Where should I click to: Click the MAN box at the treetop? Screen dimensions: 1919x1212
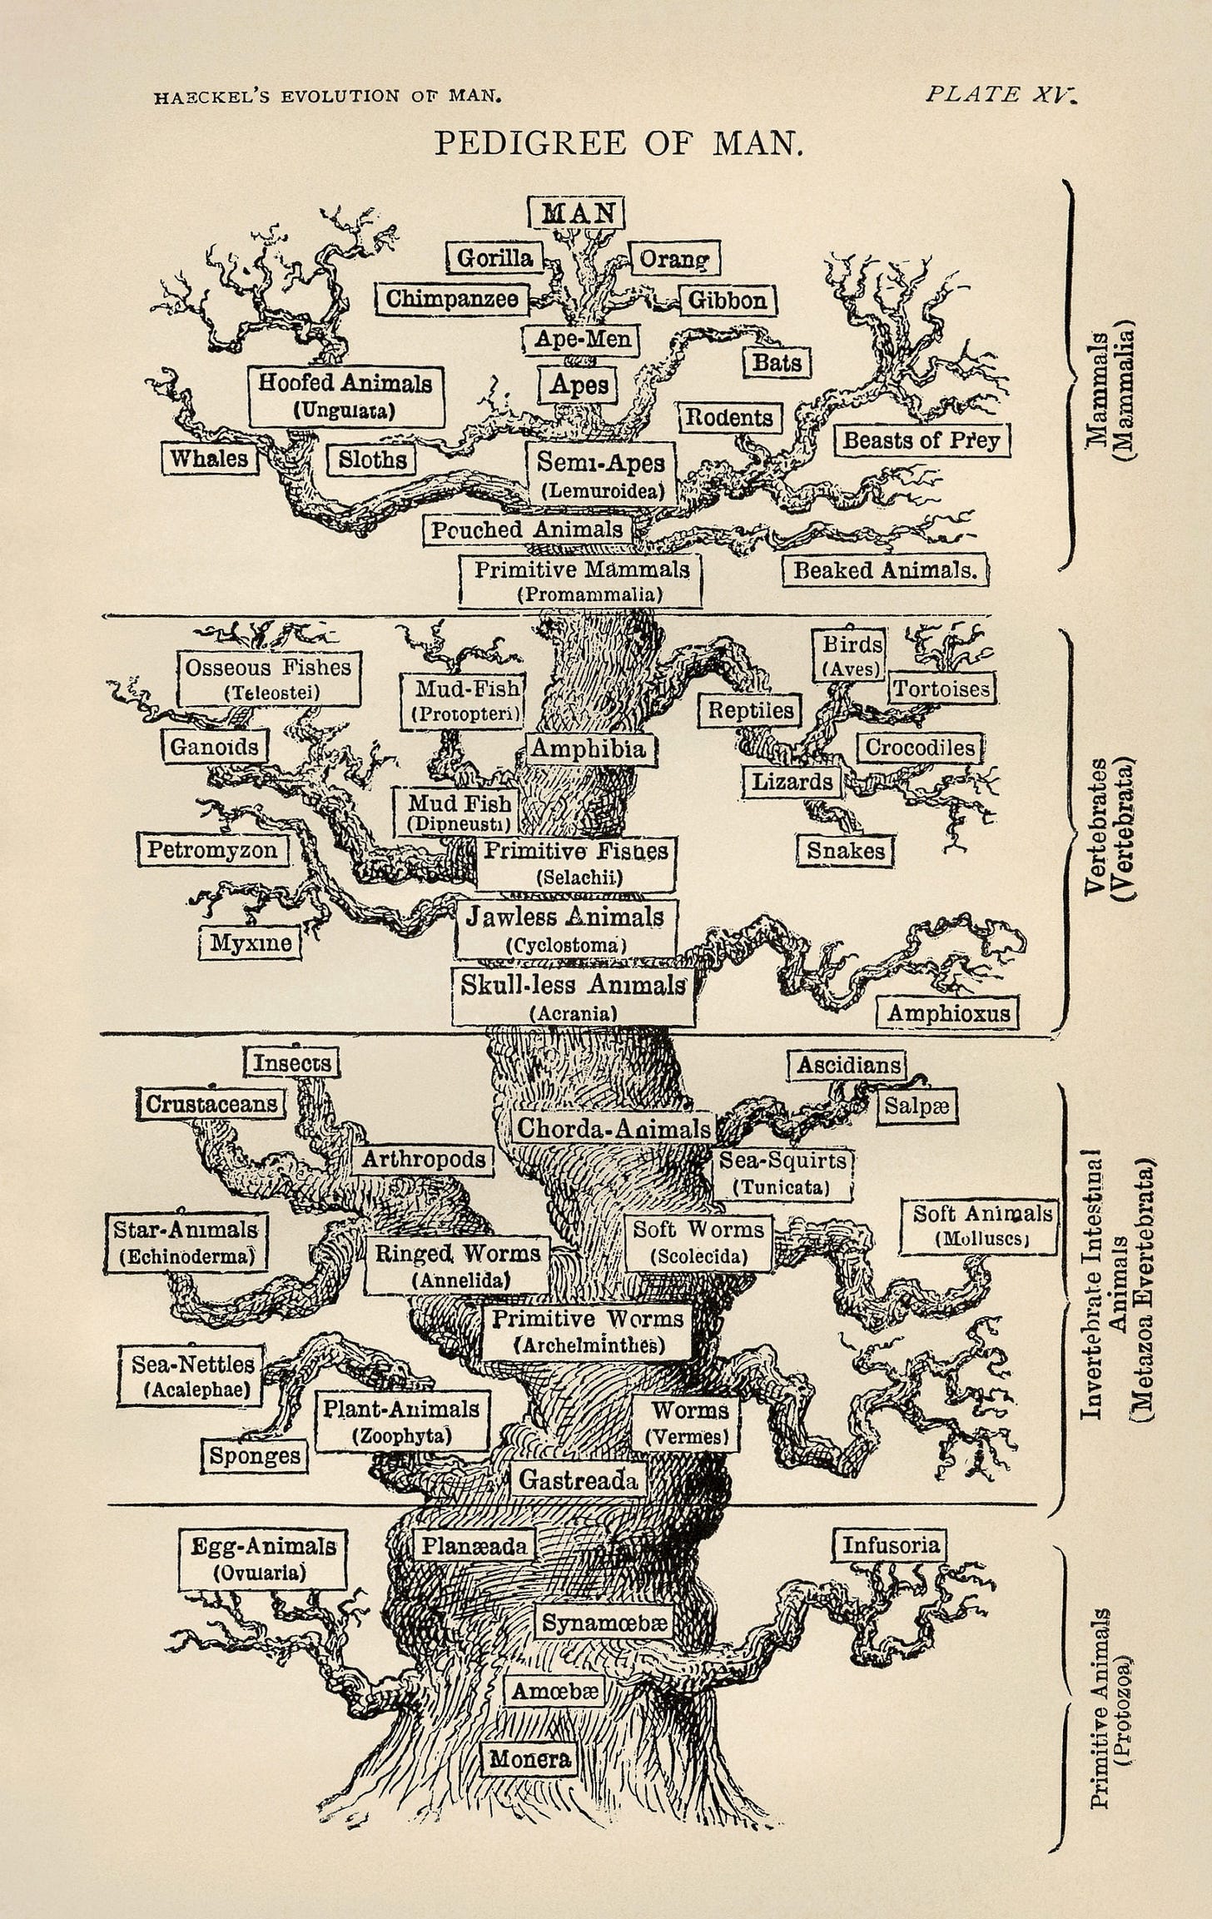[x=575, y=212]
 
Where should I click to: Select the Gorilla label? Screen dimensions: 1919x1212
[x=494, y=259]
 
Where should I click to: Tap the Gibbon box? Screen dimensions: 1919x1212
[x=728, y=300]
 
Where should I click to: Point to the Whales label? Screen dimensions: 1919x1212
[x=209, y=459]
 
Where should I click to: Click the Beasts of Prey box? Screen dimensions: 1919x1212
[x=921, y=440]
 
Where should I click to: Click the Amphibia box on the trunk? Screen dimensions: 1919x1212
[x=589, y=748]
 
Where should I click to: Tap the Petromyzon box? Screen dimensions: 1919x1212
[x=212, y=850]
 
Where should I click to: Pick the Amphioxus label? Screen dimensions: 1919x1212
[x=948, y=1013]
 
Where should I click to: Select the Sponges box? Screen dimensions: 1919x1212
[x=255, y=1456]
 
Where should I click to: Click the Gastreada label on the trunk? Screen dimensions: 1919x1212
[x=579, y=1480]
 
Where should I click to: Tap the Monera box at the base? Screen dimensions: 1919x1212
[x=529, y=1753]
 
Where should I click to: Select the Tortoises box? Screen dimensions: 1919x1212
[x=941, y=689]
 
